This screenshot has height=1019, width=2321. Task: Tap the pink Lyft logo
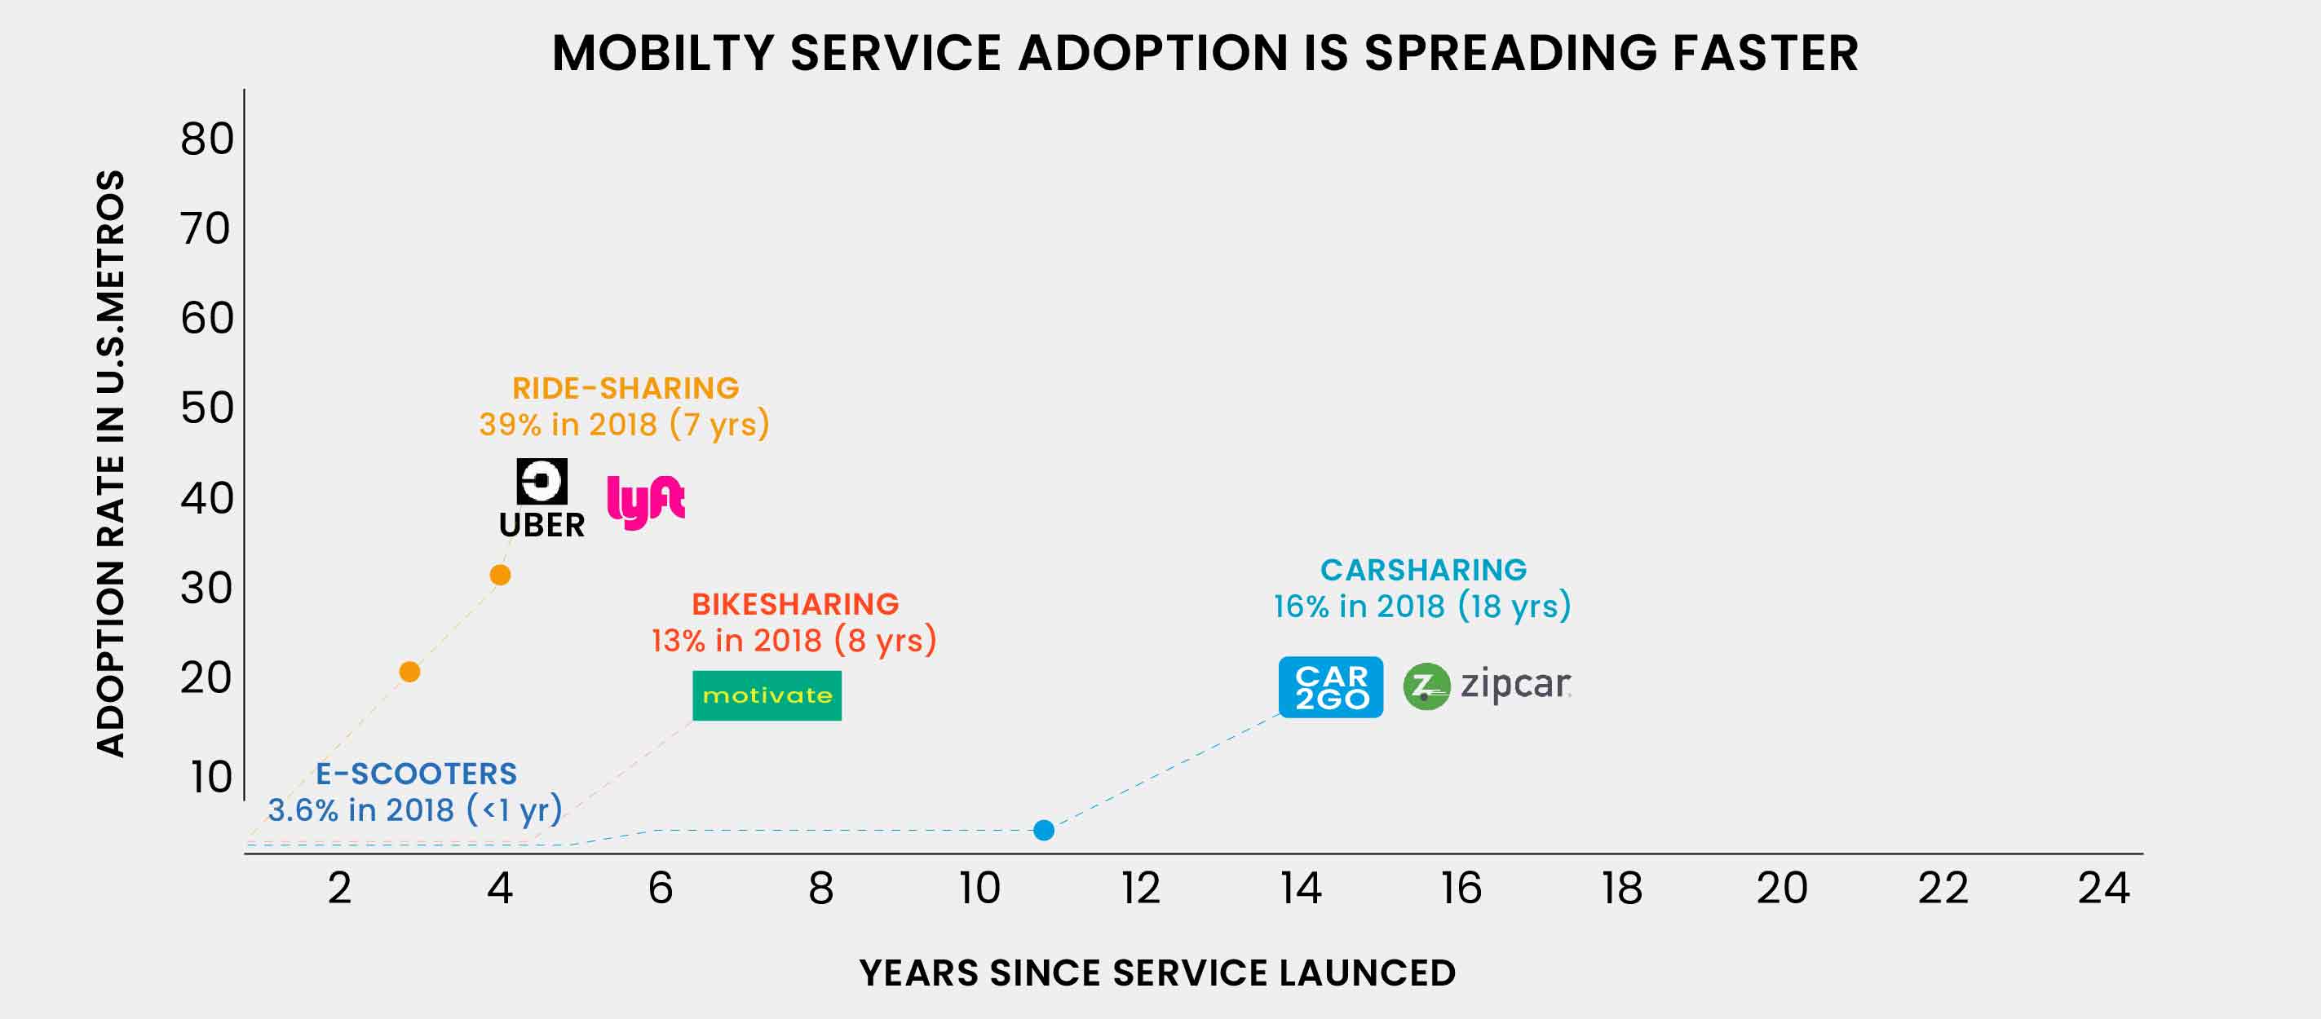click(x=645, y=502)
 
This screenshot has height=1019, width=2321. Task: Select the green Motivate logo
click(x=767, y=695)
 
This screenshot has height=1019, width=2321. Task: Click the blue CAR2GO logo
click(x=1331, y=687)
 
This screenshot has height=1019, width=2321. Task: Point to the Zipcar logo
click(x=1488, y=686)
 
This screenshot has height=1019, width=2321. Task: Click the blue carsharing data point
click(x=1043, y=830)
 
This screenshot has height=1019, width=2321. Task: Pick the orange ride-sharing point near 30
click(x=500, y=575)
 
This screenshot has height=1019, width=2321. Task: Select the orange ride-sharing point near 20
click(x=409, y=672)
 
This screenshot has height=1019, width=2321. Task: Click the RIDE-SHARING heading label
click(x=626, y=388)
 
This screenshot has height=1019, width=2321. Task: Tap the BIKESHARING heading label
click(x=794, y=603)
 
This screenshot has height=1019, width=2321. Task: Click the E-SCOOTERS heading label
click(x=416, y=774)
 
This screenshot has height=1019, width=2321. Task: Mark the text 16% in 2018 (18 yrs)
click(x=1421, y=607)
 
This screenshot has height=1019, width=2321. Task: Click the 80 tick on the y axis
click(x=206, y=139)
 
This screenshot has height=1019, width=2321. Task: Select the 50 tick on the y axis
click(x=206, y=408)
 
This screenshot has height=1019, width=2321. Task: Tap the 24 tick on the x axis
click(x=2103, y=889)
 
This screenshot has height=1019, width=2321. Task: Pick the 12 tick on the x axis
click(x=1140, y=889)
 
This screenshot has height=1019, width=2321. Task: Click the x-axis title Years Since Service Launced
click(x=1158, y=973)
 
